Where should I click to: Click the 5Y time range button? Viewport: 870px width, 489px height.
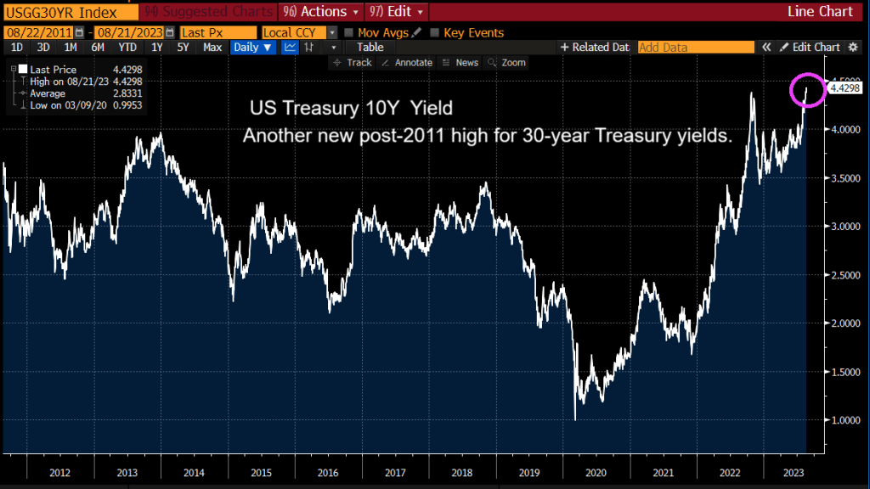[x=183, y=48]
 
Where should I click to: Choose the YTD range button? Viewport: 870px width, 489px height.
[x=127, y=48]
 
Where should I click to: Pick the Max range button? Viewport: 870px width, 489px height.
[x=212, y=48]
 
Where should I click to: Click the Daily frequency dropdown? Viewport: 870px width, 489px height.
[x=253, y=48]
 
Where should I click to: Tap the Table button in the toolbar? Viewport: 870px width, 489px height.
[x=370, y=48]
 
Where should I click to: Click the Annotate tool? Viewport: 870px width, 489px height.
[x=408, y=63]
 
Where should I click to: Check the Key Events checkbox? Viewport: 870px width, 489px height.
[x=435, y=33]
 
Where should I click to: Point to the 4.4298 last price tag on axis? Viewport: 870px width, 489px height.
[x=845, y=87]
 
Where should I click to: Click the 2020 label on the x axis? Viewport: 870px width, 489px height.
[x=595, y=472]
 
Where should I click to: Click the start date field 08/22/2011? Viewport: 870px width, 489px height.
[x=37, y=32]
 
